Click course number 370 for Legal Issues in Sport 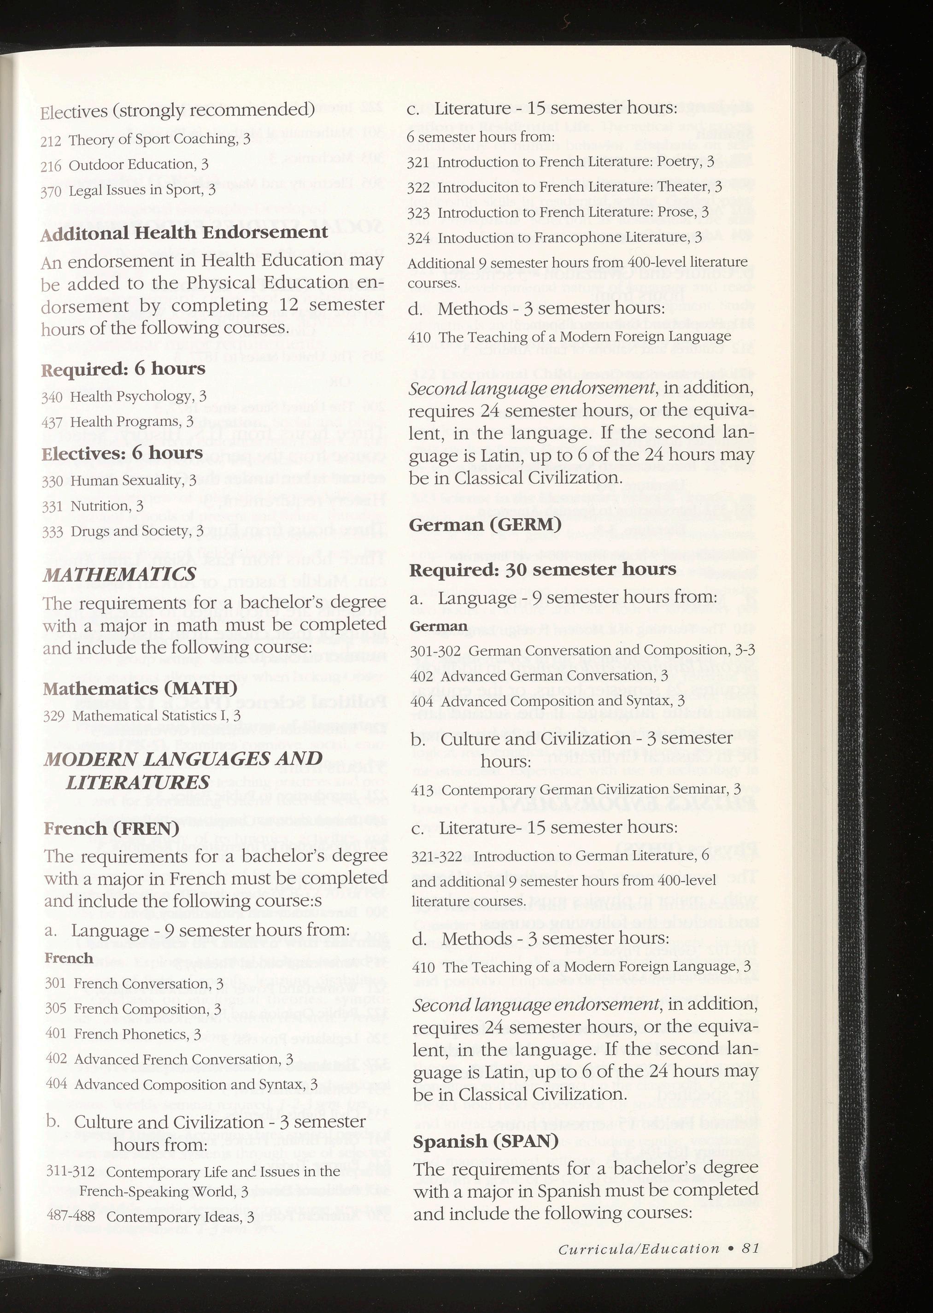coord(52,191)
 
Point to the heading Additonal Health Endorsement coord(184,233)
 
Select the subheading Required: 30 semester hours coord(542,569)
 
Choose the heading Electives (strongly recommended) coord(177,109)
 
